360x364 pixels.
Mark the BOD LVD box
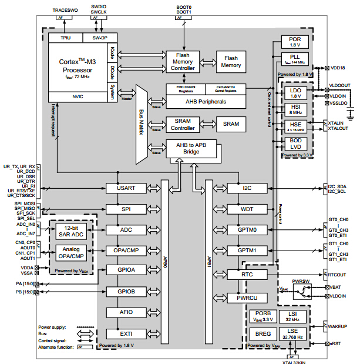[295, 145]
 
